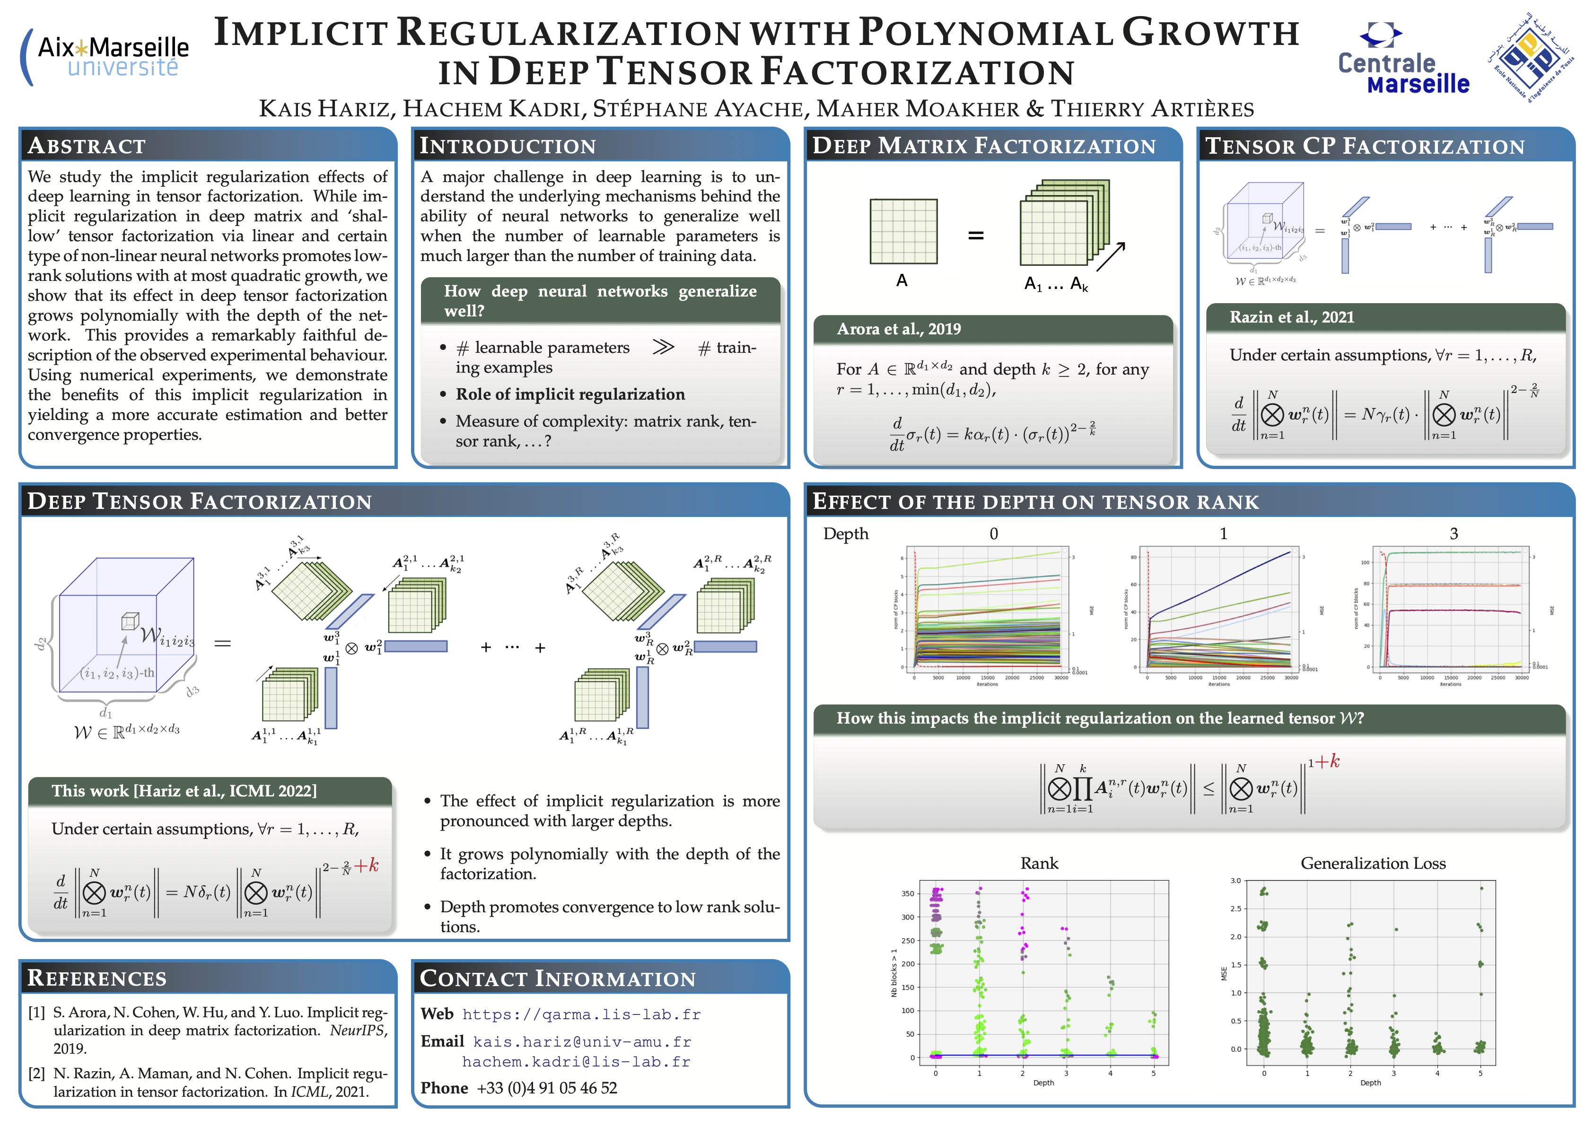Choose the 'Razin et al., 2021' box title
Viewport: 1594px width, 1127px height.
[1291, 317]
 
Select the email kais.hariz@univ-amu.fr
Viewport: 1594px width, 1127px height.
[581, 1042]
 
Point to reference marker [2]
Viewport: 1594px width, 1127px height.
[37, 1074]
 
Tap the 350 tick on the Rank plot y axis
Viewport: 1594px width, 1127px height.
[907, 894]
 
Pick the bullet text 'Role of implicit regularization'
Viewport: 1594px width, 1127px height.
[570, 394]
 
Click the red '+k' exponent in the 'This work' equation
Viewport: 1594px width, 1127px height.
[366, 865]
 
